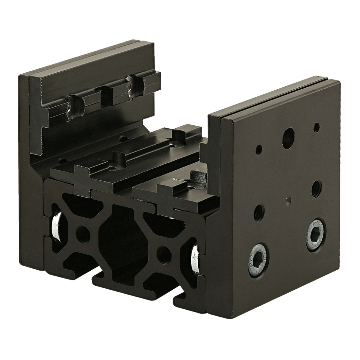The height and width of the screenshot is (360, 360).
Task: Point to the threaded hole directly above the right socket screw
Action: [316, 188]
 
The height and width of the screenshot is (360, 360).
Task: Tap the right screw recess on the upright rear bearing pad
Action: [135, 85]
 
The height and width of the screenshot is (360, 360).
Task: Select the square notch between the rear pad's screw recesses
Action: [106, 95]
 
